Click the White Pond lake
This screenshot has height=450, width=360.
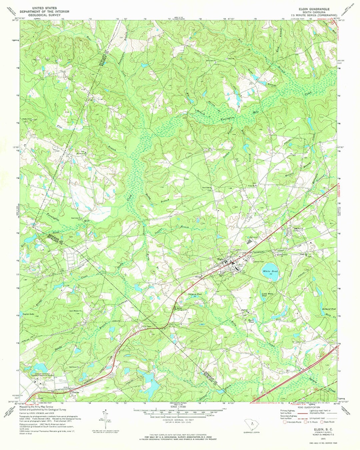click(269, 268)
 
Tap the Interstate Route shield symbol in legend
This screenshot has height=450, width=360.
click(285, 422)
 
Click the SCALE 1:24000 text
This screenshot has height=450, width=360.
click(180, 407)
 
